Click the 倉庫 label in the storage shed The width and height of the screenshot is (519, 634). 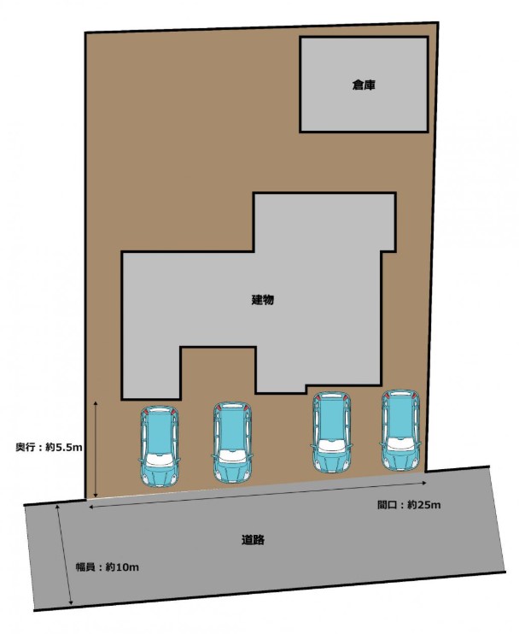(364, 85)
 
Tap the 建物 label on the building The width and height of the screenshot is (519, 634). (263, 300)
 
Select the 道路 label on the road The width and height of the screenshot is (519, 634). (254, 539)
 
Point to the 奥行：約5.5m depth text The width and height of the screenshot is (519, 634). (49, 447)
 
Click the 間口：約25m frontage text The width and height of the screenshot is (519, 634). (409, 505)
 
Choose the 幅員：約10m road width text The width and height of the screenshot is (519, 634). (108, 566)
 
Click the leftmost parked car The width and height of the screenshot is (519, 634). (160, 446)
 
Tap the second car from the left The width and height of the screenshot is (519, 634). (232, 443)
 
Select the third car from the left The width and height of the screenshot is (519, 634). (331, 431)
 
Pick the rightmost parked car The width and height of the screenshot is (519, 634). (400, 431)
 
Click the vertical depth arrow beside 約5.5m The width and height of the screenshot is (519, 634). (96, 449)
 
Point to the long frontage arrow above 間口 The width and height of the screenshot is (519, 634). (258, 494)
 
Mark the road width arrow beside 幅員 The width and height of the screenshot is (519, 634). (65, 554)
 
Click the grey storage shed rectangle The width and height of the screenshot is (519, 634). (364, 85)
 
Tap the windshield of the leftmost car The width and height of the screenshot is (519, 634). (160, 460)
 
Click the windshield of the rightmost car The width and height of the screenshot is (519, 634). (400, 444)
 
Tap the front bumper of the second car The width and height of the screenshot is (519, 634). (232, 477)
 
